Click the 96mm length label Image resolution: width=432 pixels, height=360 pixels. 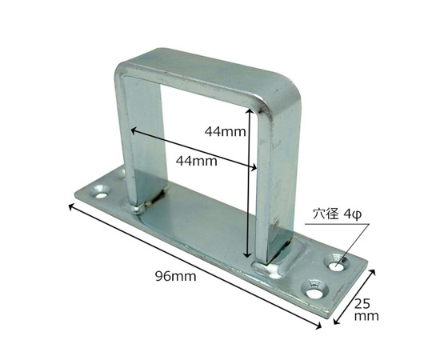(x=176, y=276)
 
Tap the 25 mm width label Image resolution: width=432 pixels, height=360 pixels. (x=366, y=310)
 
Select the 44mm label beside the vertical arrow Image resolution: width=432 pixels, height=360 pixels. (x=225, y=132)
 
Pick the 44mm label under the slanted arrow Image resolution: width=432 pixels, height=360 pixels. (x=197, y=161)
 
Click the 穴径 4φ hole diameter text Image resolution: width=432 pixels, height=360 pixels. (x=337, y=214)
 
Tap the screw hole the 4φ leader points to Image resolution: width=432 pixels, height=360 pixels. (x=338, y=262)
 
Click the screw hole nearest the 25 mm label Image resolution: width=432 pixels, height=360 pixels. (x=314, y=289)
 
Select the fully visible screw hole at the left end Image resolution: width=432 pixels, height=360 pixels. (x=101, y=191)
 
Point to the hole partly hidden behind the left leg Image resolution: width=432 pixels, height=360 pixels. (x=122, y=174)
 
